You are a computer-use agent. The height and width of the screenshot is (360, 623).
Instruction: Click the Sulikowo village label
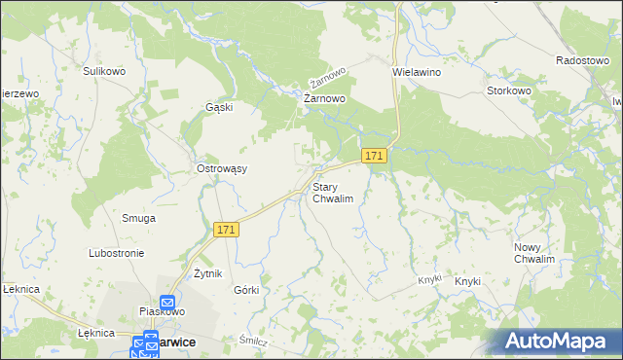point(106,71)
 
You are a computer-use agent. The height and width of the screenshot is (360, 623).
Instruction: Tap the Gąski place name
point(219,107)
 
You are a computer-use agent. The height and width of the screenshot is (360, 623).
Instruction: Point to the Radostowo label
point(582,60)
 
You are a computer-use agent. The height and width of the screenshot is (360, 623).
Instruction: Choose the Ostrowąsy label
point(222,168)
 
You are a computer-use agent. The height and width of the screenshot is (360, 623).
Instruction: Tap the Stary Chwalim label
point(332,192)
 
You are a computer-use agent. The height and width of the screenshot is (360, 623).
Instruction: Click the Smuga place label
point(138,218)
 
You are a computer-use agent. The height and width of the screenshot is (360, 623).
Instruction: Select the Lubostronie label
point(116,253)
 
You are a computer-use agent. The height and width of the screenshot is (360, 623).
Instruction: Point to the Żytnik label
point(209,273)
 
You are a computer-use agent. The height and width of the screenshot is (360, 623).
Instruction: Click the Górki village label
point(246,291)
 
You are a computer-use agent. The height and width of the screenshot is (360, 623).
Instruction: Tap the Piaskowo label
point(163,311)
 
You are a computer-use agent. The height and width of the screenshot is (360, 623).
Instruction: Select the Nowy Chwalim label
point(534,254)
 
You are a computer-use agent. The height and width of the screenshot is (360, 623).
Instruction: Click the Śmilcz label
point(253,341)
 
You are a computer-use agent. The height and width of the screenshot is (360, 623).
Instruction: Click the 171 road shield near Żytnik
point(227,230)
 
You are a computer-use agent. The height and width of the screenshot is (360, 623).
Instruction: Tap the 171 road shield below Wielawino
point(375,156)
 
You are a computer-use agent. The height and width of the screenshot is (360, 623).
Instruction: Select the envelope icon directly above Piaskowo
point(166,302)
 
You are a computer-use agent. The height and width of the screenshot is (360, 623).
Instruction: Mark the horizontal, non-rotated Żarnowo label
point(325,99)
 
